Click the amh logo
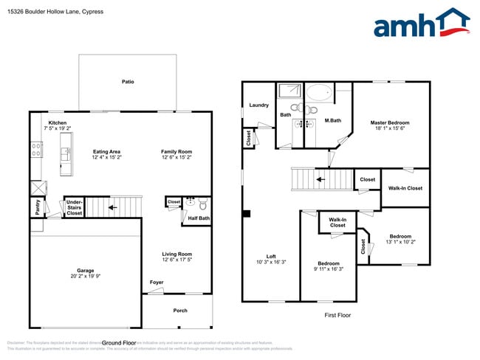(422, 24)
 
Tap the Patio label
(128, 82)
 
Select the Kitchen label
(58, 122)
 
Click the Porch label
(180, 311)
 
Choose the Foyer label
(157, 282)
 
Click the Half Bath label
(198, 218)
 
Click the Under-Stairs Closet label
(74, 207)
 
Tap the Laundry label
(258, 105)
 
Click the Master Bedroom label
(389, 122)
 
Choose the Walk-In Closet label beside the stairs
(405, 188)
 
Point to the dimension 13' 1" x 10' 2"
(400, 242)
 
